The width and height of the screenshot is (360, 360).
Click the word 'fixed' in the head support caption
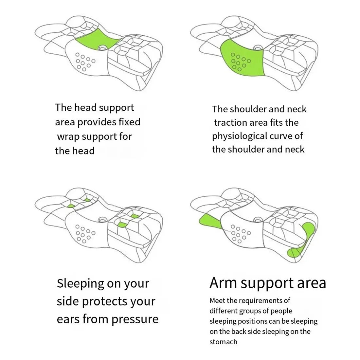(129, 122)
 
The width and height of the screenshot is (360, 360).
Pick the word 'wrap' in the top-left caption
(68, 136)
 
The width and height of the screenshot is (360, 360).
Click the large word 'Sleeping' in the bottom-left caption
(81, 283)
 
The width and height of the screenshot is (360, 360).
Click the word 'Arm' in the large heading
(224, 283)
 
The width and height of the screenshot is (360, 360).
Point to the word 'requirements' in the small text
(259, 300)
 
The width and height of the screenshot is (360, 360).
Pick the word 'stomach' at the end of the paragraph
(223, 342)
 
